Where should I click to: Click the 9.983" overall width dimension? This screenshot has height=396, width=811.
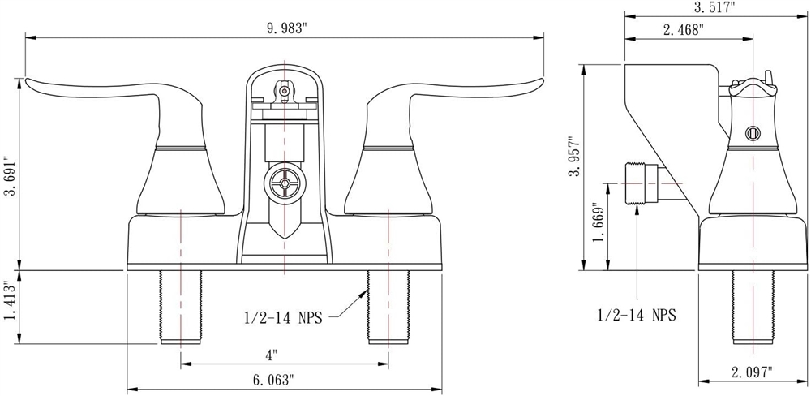[x=287, y=29]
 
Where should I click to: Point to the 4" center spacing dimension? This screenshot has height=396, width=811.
[x=272, y=355]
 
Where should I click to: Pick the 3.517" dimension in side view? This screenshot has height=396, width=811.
[x=714, y=8]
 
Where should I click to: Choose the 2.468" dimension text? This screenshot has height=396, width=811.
[x=684, y=29]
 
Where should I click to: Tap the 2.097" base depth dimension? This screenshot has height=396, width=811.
[x=753, y=371]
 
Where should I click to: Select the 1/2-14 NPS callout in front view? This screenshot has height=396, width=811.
[x=282, y=317]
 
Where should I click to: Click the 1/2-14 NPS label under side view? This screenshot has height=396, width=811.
[x=637, y=315]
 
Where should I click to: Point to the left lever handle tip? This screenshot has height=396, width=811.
[x=28, y=82]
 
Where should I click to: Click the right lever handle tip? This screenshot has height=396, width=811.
[x=542, y=82]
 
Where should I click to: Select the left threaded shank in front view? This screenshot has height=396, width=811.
[x=181, y=308]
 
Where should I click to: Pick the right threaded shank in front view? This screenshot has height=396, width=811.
[x=388, y=308]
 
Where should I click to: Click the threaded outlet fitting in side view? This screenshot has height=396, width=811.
[x=642, y=183]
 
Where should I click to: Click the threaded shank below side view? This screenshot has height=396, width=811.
[x=753, y=308]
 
